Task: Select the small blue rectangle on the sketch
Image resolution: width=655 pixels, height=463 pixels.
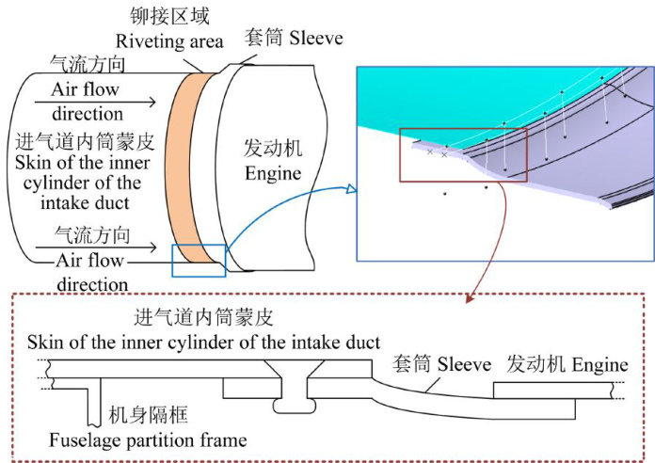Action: pos(200,260)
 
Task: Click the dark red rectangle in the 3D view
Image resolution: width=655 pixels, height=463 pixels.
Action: pos(463,152)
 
